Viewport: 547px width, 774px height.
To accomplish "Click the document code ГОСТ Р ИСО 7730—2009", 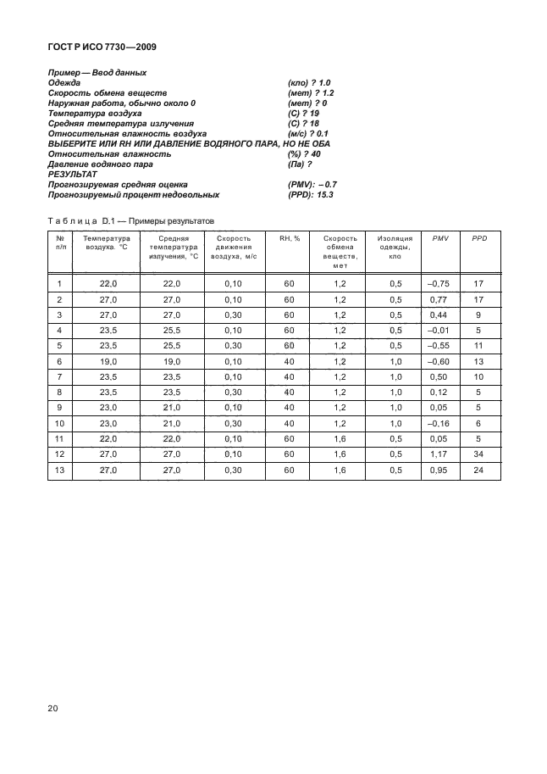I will pos(102,47).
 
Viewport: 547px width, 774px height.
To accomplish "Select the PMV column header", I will pos(439,238).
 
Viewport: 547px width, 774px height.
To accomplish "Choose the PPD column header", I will pos(478,238).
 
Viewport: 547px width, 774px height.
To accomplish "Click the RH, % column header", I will pos(290,238).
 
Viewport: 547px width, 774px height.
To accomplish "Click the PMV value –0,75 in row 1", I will pos(439,283).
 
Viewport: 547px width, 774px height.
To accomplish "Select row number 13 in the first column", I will pos(59,470).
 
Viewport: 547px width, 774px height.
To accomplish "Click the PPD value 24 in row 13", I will pos(478,470).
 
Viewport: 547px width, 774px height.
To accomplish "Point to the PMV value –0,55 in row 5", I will pos(439,346).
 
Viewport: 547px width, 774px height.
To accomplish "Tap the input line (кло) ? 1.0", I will pos(309,82).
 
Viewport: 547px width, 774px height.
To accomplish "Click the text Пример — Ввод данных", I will pos(97,72).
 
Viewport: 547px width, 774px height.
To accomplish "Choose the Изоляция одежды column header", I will pos(395,247).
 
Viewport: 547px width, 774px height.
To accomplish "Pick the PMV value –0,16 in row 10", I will pos(439,423).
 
